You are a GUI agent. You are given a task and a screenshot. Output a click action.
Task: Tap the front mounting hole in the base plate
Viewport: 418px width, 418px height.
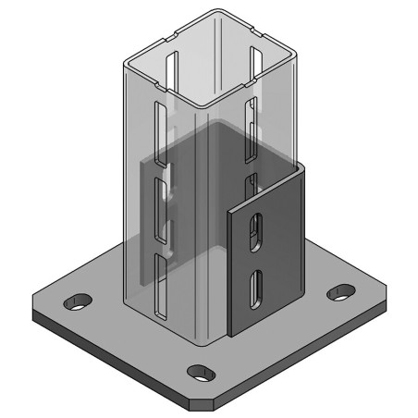point(200,372)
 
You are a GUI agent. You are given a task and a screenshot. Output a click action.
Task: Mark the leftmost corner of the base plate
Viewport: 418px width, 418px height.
point(32,309)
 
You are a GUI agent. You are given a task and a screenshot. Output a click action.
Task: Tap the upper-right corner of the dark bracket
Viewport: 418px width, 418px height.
point(302,167)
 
